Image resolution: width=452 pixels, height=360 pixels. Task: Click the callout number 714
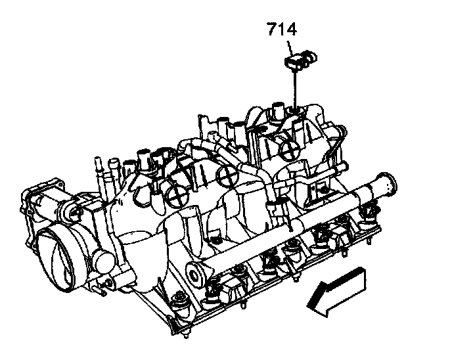point(282,29)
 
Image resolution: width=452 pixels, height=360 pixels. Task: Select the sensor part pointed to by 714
point(300,59)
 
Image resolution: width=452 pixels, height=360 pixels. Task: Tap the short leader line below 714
point(290,48)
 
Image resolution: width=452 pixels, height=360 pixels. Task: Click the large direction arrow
point(336,292)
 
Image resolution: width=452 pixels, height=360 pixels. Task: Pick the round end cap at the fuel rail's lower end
point(195,275)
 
